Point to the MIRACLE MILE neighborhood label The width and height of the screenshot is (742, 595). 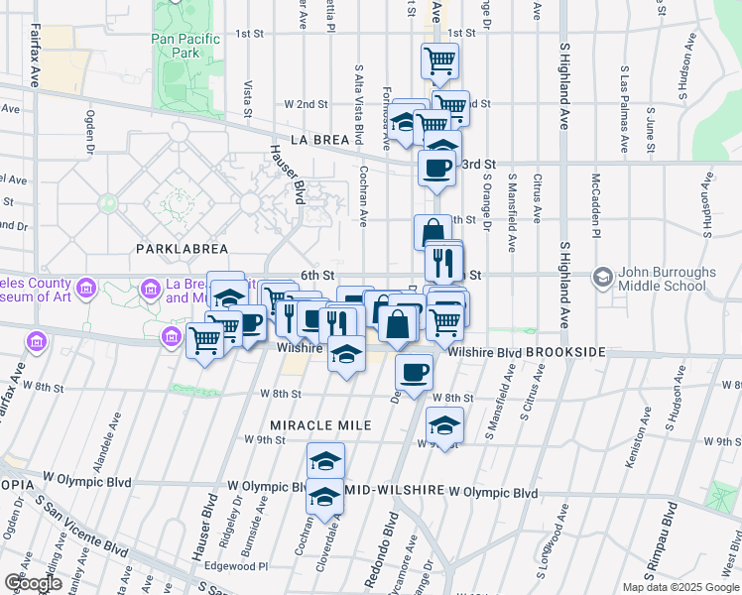[x=299, y=425]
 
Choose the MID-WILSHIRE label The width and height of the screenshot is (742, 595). [x=395, y=492]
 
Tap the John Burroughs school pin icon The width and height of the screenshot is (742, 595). [x=602, y=275]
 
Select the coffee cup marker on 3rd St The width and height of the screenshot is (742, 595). [x=436, y=168]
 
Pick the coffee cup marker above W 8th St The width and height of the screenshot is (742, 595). [x=414, y=373]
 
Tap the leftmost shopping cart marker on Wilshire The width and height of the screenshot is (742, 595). [x=205, y=339]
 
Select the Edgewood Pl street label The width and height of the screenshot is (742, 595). [x=243, y=566]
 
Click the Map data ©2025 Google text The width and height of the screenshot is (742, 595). [x=680, y=587]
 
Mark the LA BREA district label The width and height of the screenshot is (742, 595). [x=320, y=140]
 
